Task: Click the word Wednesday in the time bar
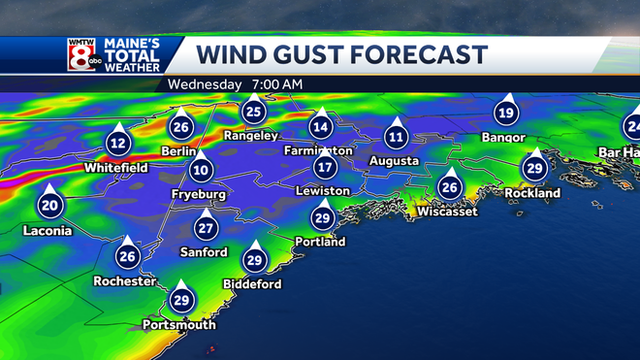[204, 84]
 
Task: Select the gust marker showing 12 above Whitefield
[118, 144]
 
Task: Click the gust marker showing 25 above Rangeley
[254, 112]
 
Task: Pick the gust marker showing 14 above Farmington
[321, 126]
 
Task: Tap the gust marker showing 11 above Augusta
[396, 136]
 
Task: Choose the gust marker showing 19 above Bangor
[504, 114]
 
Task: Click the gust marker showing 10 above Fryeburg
[201, 171]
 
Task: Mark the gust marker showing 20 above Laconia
[48, 205]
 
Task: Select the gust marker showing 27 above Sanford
[205, 228]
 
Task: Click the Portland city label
[321, 242]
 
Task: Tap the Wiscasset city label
[447, 212]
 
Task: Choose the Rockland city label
[532, 193]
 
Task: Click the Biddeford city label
[252, 284]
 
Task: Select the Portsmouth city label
[178, 324]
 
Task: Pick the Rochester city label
[126, 281]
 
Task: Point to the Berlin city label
[180, 152]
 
